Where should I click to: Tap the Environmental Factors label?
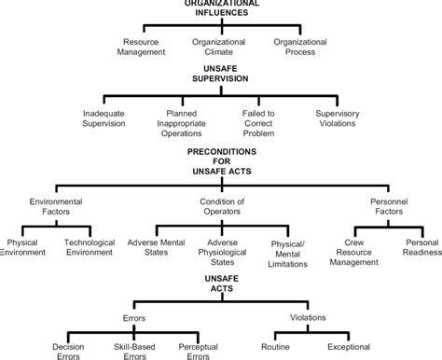pyautogui.click(x=56, y=206)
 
